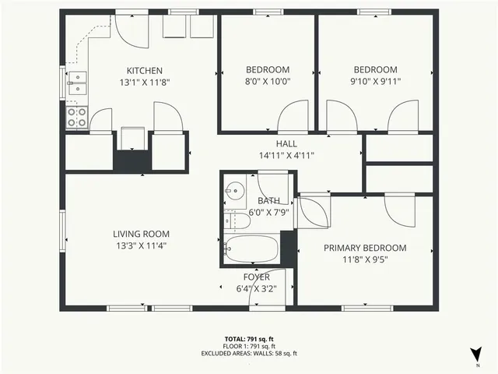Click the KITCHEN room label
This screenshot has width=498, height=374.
[x=144, y=71]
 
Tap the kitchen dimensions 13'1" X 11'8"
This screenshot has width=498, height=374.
[x=144, y=82]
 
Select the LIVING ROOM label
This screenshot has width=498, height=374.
[x=141, y=234]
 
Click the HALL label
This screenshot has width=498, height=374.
[x=286, y=143]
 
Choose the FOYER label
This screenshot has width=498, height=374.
[x=256, y=277]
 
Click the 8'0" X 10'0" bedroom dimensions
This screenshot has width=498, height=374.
[x=267, y=80]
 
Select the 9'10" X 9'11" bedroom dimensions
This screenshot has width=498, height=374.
[x=375, y=80]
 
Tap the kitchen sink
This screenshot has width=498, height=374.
[x=76, y=83]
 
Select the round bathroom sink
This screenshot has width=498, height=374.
[x=234, y=190]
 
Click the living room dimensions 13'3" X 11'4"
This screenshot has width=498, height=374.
[x=141, y=245]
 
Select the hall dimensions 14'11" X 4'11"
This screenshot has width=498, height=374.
[x=286, y=154]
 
